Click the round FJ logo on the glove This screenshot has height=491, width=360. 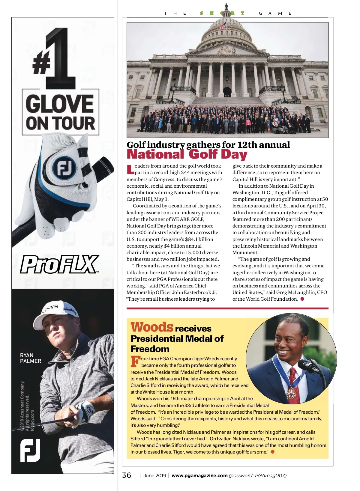tap(63, 168)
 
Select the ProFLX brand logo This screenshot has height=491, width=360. tap(59, 264)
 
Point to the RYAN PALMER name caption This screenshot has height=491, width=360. tap(30, 358)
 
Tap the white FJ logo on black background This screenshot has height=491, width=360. tap(30, 450)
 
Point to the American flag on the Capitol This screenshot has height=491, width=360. tap(223, 25)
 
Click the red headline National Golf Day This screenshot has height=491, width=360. tap(187, 155)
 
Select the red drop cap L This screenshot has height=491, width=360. tap(130, 169)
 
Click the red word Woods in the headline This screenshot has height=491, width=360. tap(152, 327)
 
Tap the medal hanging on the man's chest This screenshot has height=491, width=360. tap(291, 393)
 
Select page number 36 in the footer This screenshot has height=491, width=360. tap(127, 475)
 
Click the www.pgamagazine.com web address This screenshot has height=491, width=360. tap(199, 475)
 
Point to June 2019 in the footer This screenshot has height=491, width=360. tap(154, 475)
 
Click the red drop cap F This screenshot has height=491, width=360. tap(135, 362)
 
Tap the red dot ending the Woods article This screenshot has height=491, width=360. tap(273, 452)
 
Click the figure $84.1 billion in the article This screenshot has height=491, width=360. tap(199, 239)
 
